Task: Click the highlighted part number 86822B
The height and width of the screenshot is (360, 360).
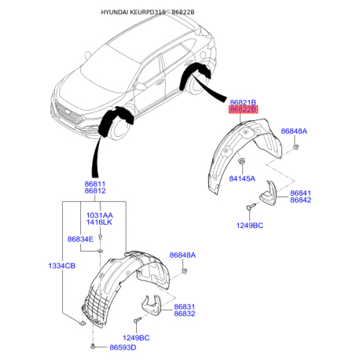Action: [243, 109]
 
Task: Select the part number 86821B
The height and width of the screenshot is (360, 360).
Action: [243, 102]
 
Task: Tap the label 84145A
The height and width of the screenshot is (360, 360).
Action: [242, 178]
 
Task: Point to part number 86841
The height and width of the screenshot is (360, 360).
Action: [300, 193]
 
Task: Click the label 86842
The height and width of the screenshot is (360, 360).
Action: [300, 200]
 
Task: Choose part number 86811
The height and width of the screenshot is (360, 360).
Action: [95, 184]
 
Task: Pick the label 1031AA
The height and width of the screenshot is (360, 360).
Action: [100, 215]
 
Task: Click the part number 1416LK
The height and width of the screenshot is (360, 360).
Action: [99, 222]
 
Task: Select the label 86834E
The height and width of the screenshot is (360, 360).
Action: [80, 239]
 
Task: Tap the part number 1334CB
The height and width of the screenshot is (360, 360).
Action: [62, 266]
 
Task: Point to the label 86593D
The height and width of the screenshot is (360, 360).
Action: [123, 347]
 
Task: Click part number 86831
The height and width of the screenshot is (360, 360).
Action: [185, 307]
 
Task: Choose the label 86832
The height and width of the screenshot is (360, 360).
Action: [185, 314]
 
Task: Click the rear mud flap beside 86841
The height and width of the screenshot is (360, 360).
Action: [269, 193]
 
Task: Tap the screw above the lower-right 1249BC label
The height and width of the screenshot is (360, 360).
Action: [250, 207]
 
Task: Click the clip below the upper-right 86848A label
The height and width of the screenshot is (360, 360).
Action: [296, 147]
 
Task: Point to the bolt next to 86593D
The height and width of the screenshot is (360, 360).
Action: [93, 347]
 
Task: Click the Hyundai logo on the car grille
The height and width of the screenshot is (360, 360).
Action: [68, 112]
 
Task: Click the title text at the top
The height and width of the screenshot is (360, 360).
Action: [148, 12]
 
